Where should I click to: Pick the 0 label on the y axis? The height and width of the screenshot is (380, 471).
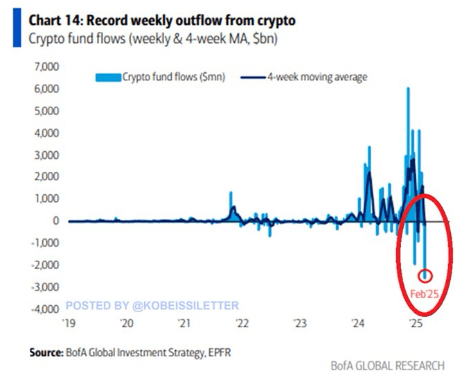55,221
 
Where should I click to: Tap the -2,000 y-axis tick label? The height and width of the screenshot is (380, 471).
43,265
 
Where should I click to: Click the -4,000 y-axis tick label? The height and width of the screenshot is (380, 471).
43,309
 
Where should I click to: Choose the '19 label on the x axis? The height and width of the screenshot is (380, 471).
69,323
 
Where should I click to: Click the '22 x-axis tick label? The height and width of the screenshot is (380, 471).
242,323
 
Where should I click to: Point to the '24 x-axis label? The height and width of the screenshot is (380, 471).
357,323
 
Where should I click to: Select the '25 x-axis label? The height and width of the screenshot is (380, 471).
415,323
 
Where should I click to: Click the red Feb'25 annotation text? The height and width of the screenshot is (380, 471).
424,293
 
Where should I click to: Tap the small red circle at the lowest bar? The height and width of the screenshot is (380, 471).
426,276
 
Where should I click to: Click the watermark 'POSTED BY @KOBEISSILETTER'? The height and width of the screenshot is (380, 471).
152,305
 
